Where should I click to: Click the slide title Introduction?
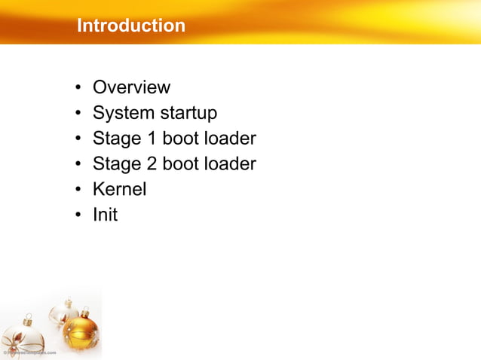[130, 26]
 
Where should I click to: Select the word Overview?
[131, 87]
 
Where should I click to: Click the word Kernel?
[119, 189]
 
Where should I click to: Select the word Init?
[105, 215]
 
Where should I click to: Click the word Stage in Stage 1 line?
[115, 139]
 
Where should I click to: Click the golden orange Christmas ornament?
[81, 332]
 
